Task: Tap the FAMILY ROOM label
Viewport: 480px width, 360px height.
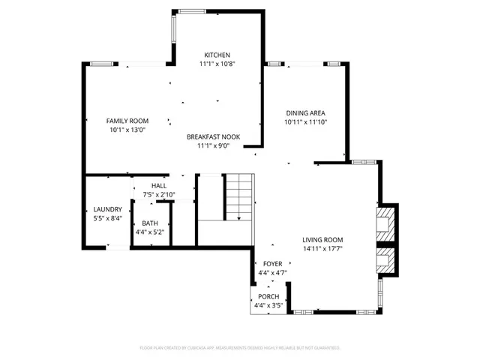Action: point(127,121)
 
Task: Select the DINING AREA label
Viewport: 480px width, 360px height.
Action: point(305,113)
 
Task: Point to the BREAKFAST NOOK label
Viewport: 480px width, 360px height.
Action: point(213,137)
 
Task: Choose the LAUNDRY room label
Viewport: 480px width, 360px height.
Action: point(107,209)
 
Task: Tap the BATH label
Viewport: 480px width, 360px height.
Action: point(150,223)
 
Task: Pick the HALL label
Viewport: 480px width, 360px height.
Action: point(159,185)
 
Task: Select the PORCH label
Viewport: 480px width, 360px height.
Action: point(268,297)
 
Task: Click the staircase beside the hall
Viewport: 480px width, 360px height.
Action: point(239,196)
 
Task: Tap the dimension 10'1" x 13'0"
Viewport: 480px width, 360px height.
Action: point(127,130)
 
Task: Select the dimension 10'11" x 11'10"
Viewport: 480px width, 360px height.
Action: point(305,122)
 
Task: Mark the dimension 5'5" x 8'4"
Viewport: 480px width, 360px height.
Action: point(107,218)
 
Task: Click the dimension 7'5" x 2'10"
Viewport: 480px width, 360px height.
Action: point(159,194)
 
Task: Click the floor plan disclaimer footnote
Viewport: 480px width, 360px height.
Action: point(240,348)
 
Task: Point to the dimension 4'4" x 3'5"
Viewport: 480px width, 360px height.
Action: point(268,306)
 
